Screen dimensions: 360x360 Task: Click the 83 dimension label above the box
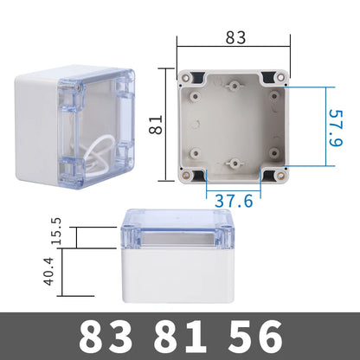point(235,37)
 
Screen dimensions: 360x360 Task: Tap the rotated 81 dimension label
point(156,125)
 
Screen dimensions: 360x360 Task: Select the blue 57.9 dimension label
point(336,128)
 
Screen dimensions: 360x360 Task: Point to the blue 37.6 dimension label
point(234,201)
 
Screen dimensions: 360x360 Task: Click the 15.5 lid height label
point(56,231)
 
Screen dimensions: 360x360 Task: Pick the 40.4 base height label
point(48,272)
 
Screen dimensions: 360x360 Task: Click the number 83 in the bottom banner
point(106,337)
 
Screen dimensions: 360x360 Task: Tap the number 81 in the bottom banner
point(180,337)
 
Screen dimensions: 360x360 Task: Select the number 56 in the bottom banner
point(255,337)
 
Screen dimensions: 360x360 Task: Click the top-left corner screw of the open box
point(185,77)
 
